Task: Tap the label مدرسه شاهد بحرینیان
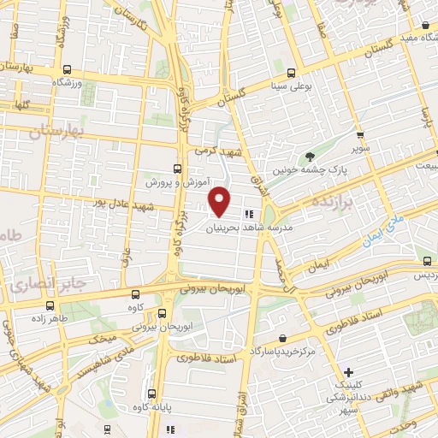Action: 257,228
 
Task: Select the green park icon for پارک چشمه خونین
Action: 310,157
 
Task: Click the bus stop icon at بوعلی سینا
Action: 292,73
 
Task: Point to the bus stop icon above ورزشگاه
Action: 67,71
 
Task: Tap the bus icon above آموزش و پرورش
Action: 177,168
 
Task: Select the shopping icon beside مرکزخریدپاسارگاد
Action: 282,339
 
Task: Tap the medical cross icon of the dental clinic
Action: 349,372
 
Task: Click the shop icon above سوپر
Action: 360,134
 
